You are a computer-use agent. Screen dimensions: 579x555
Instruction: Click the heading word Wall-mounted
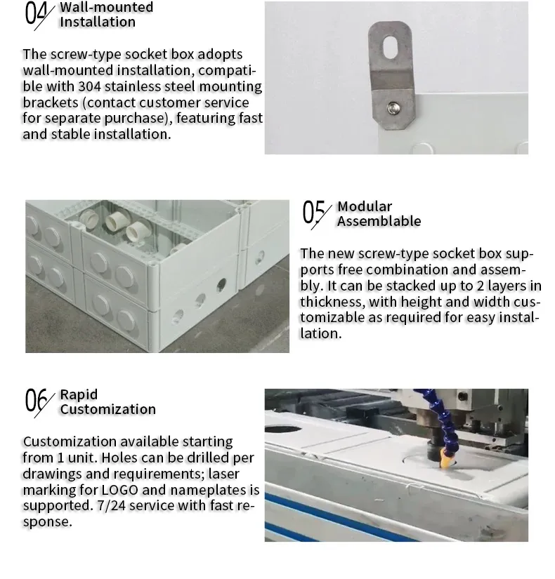(106, 7)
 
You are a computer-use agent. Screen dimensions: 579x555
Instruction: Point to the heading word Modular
(365, 206)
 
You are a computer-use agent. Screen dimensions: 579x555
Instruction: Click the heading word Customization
(107, 409)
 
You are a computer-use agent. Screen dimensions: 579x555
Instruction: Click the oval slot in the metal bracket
(390, 48)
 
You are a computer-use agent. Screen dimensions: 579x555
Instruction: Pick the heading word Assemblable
(379, 222)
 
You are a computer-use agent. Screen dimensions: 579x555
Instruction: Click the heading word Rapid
(79, 394)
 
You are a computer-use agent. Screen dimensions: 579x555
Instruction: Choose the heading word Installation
(97, 22)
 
